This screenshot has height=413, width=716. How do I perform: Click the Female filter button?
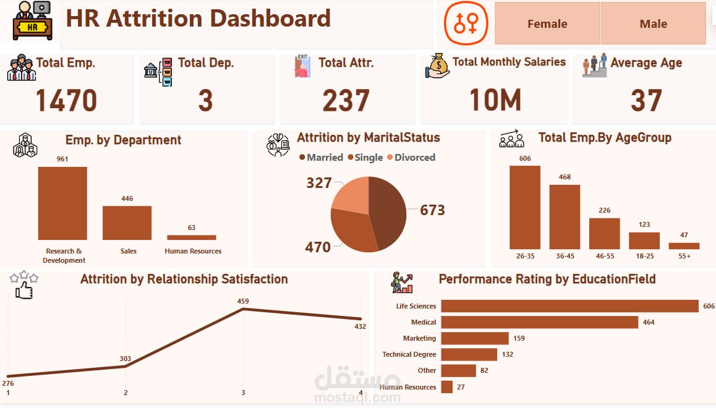click(547, 23)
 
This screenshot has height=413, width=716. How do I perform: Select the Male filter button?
click(653, 23)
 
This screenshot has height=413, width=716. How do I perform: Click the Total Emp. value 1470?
click(66, 100)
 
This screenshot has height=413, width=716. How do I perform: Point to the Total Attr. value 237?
click(346, 100)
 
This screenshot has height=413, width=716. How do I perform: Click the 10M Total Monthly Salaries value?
click(495, 100)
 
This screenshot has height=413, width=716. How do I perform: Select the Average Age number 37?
click(646, 100)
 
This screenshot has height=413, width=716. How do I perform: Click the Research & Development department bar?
click(62, 203)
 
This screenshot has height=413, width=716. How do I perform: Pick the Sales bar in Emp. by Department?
click(127, 223)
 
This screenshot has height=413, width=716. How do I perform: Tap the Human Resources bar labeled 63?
click(192, 237)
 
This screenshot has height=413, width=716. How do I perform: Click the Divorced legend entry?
click(411, 157)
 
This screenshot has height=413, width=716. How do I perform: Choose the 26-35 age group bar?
click(524, 207)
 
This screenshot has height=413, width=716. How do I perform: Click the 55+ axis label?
click(684, 255)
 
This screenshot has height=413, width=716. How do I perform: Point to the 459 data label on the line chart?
click(243, 301)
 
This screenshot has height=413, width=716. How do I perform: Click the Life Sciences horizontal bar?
click(569, 306)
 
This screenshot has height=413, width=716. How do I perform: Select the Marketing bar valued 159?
click(474, 338)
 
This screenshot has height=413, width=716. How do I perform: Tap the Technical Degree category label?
click(409, 354)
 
